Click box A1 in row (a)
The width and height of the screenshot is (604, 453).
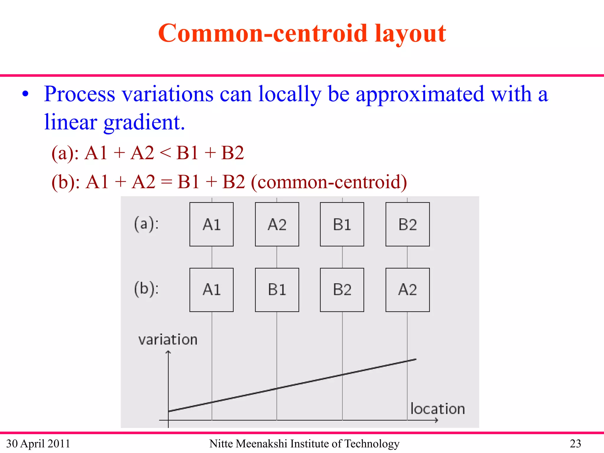click(211, 224)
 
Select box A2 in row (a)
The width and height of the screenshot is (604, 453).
click(277, 224)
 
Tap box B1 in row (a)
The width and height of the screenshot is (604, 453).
click(342, 224)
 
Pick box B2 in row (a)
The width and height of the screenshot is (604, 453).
click(408, 224)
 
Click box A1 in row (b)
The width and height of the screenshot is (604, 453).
click(211, 290)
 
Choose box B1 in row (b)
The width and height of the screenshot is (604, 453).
click(277, 290)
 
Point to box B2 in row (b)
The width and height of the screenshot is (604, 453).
click(342, 290)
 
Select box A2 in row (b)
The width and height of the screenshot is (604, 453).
click(408, 290)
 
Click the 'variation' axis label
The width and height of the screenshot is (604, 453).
click(168, 340)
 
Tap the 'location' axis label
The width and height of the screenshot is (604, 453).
click(438, 409)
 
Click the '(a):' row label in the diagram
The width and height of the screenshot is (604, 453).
click(146, 224)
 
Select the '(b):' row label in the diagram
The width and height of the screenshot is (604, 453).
click(146, 289)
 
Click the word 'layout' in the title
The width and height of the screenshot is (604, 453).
click(410, 34)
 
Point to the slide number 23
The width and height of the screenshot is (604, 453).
click(575, 444)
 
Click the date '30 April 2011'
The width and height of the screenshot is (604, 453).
click(38, 444)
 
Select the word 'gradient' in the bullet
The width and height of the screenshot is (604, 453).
click(142, 122)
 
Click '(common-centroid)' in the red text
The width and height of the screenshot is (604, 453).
click(329, 182)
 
